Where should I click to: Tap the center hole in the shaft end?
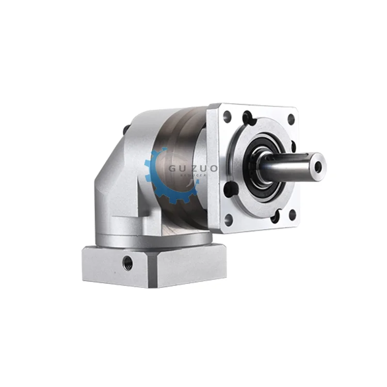pyautogui.click(x=318, y=166)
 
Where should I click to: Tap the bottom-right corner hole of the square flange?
pyautogui.click(x=292, y=215)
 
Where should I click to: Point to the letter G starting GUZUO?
pyautogui.click(x=172, y=169)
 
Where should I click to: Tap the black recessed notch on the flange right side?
pyautogui.click(x=293, y=147)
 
